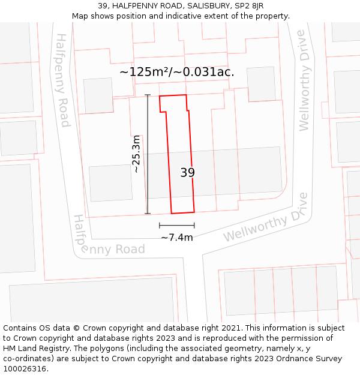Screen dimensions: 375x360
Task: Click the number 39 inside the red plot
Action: [x=187, y=173]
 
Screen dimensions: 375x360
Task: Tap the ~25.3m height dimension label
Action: [x=137, y=154]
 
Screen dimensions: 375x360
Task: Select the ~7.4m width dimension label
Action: [x=176, y=238]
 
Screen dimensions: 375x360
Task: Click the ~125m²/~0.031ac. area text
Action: [x=176, y=72]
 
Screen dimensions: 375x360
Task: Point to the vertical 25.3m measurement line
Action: [x=148, y=180]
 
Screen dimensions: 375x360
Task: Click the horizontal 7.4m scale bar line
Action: [x=176, y=226]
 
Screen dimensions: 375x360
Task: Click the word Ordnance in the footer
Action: [x=292, y=358]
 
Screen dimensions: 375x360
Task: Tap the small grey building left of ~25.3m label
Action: [x=110, y=183]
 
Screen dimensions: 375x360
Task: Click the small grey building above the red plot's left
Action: [x=98, y=95]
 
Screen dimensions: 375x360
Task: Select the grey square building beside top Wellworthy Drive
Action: [x=261, y=84]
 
